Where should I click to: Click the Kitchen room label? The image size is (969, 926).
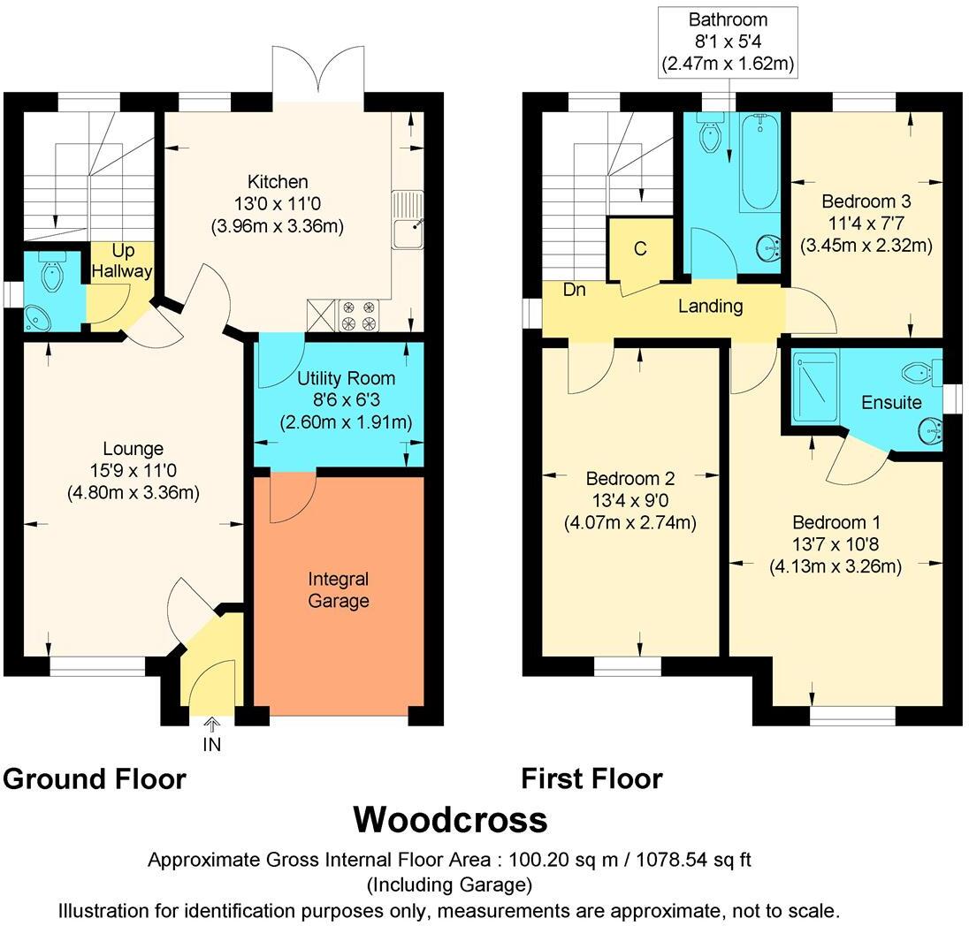pyautogui.click(x=278, y=182)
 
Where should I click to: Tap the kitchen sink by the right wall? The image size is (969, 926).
pyautogui.click(x=408, y=219)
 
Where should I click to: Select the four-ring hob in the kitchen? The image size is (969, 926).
pyautogui.click(x=359, y=315)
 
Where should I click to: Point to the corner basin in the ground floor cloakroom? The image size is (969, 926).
pyautogui.click(x=39, y=317)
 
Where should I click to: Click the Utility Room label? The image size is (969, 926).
pyautogui.click(x=346, y=378)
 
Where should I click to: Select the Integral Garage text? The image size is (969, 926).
pyautogui.click(x=339, y=590)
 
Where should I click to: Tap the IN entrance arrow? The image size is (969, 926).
pyautogui.click(x=212, y=724)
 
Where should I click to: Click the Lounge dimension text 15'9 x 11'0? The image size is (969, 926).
pyautogui.click(x=133, y=471)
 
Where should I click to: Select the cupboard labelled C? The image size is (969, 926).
pyautogui.click(x=640, y=249)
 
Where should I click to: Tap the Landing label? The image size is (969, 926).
pyautogui.click(x=711, y=306)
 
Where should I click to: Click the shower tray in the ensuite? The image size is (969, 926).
pyautogui.click(x=816, y=386)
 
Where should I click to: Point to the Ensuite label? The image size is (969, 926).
pyautogui.click(x=891, y=403)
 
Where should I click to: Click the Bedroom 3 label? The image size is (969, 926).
pyautogui.click(x=866, y=201)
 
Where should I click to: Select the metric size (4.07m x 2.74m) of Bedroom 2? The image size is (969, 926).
pyautogui.click(x=629, y=523)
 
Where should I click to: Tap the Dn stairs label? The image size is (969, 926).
pyautogui.click(x=574, y=289)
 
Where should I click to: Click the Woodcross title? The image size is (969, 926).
pyautogui.click(x=450, y=820)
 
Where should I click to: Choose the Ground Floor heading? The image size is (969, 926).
pyautogui.click(x=95, y=779)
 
